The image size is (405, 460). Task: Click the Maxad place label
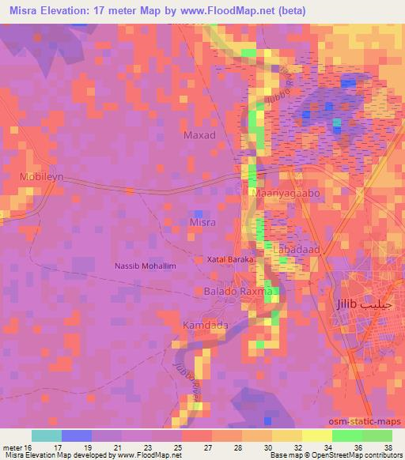coord(199,135)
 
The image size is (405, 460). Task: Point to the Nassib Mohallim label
coord(145,266)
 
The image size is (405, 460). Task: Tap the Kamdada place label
coord(205,326)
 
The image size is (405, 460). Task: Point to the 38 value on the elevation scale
coord(387,447)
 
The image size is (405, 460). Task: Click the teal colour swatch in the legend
coord(46,435)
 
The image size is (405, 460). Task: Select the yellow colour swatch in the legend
coord(316,435)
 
